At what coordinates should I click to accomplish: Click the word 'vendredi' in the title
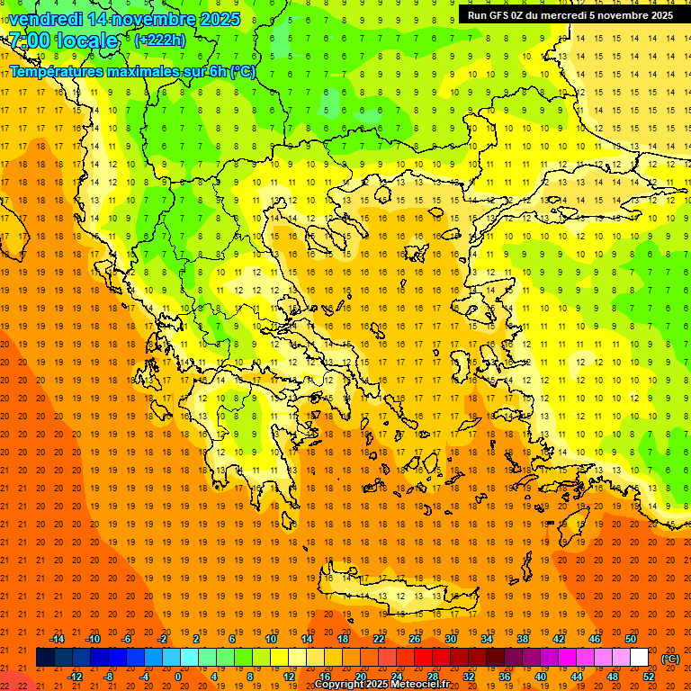44,19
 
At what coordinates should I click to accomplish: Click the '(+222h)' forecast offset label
160,40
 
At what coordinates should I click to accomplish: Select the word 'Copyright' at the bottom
342,685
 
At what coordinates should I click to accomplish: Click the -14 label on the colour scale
58,639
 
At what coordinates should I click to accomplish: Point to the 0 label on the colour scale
177,676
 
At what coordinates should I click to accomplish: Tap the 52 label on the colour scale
648,676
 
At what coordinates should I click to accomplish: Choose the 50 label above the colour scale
630,639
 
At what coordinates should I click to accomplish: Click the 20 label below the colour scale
360,676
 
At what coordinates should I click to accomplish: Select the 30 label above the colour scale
450,639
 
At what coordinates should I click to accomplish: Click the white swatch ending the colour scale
639,657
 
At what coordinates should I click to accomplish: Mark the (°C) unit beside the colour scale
669,658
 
